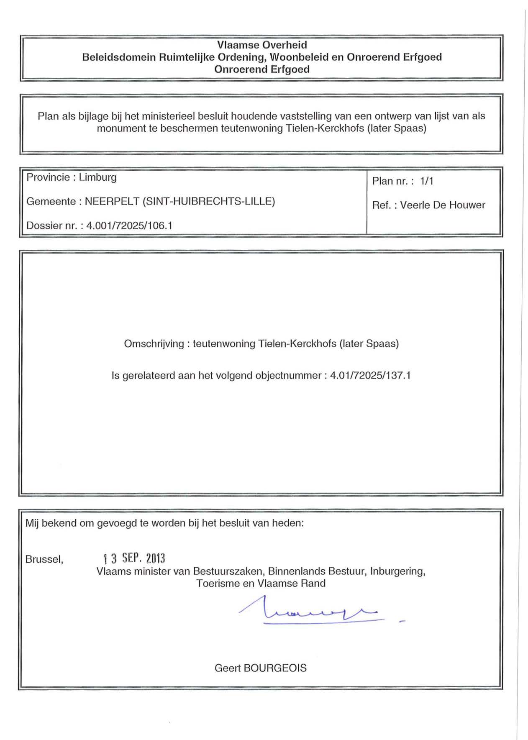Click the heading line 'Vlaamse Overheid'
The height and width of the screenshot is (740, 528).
point(262,45)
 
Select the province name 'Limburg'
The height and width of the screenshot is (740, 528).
point(97,177)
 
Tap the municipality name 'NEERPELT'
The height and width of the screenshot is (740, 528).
point(112,201)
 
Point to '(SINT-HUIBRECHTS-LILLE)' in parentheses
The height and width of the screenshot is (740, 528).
point(209,201)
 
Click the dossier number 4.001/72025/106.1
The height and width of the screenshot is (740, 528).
point(129,225)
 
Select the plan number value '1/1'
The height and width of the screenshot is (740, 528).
point(427,181)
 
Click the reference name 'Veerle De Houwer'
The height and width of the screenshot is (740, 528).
point(442,205)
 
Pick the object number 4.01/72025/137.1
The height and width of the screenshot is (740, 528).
point(370,375)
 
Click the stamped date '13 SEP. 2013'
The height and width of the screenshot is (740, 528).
point(134,558)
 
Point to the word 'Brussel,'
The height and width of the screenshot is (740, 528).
point(44,559)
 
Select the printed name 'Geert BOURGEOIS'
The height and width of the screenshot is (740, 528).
point(260,668)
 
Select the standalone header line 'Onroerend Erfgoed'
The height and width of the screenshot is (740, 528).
point(262,69)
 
